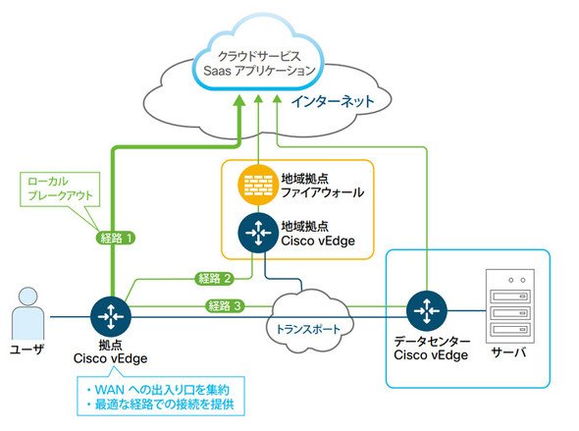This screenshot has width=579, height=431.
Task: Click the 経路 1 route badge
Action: (116, 238)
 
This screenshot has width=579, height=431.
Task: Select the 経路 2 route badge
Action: (215, 278)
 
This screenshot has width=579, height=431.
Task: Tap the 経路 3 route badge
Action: (224, 305)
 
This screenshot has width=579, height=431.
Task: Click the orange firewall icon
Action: (258, 185)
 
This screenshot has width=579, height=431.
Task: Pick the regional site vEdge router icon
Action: (258, 233)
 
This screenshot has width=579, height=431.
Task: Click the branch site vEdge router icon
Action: (111, 316)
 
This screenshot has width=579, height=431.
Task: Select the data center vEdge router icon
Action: (427, 310)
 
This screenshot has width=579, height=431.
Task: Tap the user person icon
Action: (28, 313)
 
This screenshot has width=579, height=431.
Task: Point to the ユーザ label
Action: (26, 349)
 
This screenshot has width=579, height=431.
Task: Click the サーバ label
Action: (508, 352)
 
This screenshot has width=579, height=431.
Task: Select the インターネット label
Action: (333, 101)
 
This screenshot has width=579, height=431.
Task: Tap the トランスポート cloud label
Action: (308, 329)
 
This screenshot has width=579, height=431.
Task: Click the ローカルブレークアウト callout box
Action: (60, 189)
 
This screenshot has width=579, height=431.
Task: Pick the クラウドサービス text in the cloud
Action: (259, 56)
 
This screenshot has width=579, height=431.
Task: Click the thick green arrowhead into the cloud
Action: (240, 100)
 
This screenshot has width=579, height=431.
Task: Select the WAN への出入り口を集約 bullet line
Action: (158, 389)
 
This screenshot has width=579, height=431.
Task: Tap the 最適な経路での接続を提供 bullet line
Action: (160, 404)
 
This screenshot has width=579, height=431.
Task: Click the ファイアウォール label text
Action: (322, 192)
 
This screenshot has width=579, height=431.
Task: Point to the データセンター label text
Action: (432, 341)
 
